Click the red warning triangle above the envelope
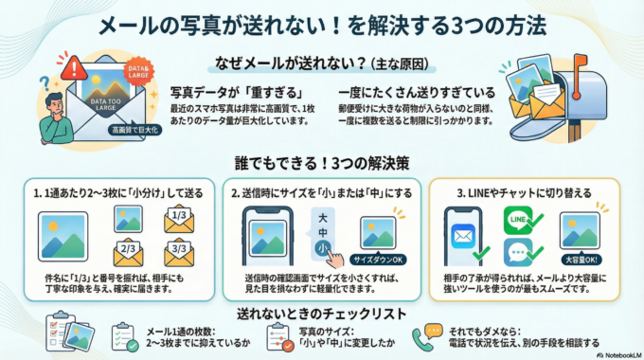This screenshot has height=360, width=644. [71, 66]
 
